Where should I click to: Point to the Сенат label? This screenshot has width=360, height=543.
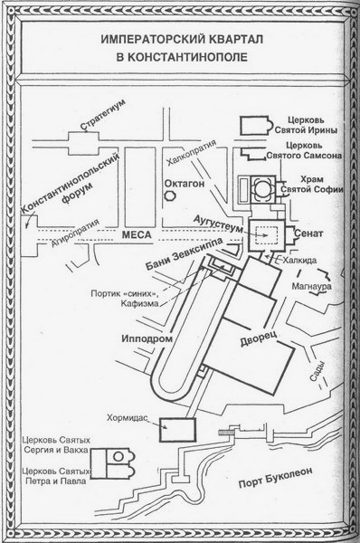(x=308, y=233)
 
